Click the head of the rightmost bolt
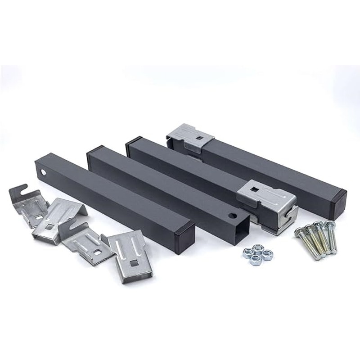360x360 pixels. tap(330, 224)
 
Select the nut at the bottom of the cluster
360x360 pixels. tap(256, 260)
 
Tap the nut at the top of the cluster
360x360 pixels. tap(258, 248)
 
